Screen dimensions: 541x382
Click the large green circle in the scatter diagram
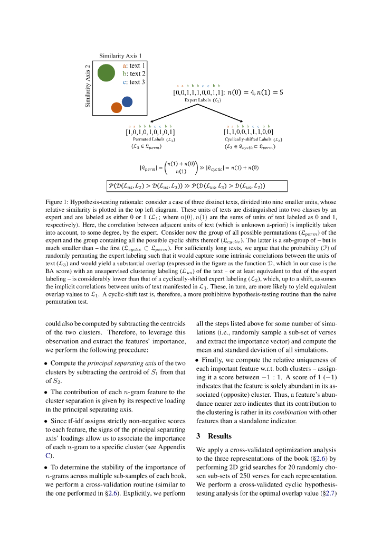pyautogui.click(x=106, y=73)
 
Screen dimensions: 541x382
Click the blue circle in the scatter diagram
pyautogui.click(x=127, y=101)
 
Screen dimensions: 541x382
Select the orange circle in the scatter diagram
pyautogui.click(x=117, y=107)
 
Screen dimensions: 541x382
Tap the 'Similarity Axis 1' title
pyautogui.click(x=120, y=55)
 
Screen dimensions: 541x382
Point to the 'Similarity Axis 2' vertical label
pyautogui.click(x=88, y=86)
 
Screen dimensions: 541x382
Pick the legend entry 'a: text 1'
pyautogui.click(x=134, y=66)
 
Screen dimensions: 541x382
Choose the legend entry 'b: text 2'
pyautogui.click(x=134, y=74)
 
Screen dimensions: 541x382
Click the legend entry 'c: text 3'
pyautogui.click(x=134, y=82)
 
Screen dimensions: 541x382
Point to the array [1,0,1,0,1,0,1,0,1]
pyautogui.click(x=150, y=132)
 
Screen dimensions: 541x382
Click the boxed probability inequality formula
pyautogui.click(x=197, y=185)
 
